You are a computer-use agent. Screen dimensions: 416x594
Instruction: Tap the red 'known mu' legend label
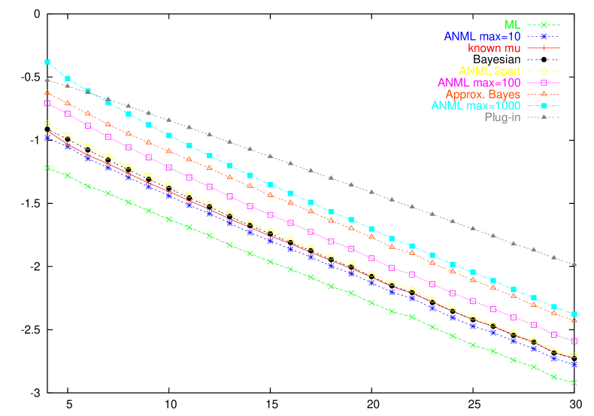coord(494,48)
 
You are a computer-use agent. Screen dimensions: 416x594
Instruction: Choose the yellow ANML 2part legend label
coord(489,71)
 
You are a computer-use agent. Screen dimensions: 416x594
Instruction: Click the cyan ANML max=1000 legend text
coord(476,106)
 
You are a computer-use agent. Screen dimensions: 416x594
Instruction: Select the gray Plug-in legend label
coord(502,117)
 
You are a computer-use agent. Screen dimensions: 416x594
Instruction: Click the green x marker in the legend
coord(544,25)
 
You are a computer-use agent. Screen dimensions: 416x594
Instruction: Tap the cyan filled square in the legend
coord(544,106)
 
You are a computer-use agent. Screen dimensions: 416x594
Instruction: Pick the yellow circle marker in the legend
coord(544,71)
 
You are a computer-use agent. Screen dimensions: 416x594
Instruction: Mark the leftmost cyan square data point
coord(47,62)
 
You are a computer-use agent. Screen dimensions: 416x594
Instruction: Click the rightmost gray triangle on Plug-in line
coord(574,265)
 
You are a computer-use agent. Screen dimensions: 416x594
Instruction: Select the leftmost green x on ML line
coord(47,168)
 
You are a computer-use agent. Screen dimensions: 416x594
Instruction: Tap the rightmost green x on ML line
coord(574,383)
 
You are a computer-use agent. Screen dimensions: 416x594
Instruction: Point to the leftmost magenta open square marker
coord(47,103)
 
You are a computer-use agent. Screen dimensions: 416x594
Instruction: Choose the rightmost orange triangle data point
coord(574,320)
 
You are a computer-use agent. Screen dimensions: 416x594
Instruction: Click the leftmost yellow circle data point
coord(47,123)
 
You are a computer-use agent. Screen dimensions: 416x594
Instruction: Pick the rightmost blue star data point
coord(574,364)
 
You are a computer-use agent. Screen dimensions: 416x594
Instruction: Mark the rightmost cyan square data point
coord(574,314)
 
